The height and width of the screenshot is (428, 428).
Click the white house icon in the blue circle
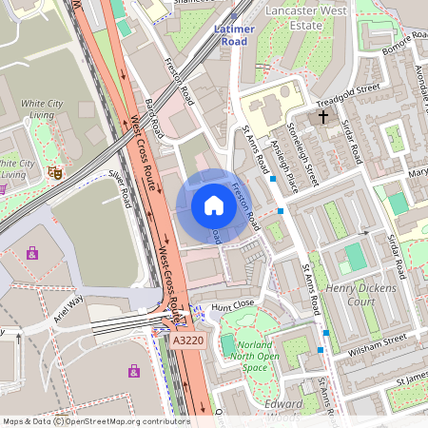[x=214, y=204]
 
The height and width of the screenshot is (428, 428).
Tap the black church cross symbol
[x=323, y=117]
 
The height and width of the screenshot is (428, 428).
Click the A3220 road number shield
[x=187, y=339]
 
